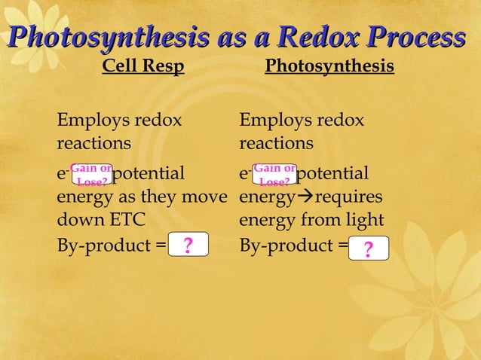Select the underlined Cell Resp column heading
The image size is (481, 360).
pos(143,67)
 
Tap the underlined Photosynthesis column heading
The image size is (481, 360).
pos(329,67)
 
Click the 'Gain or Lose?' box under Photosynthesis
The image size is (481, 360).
pos(274,175)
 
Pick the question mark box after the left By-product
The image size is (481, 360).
pos(188,246)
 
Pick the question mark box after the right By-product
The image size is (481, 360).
pos(369,248)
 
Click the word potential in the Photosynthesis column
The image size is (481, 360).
pos(333,175)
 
